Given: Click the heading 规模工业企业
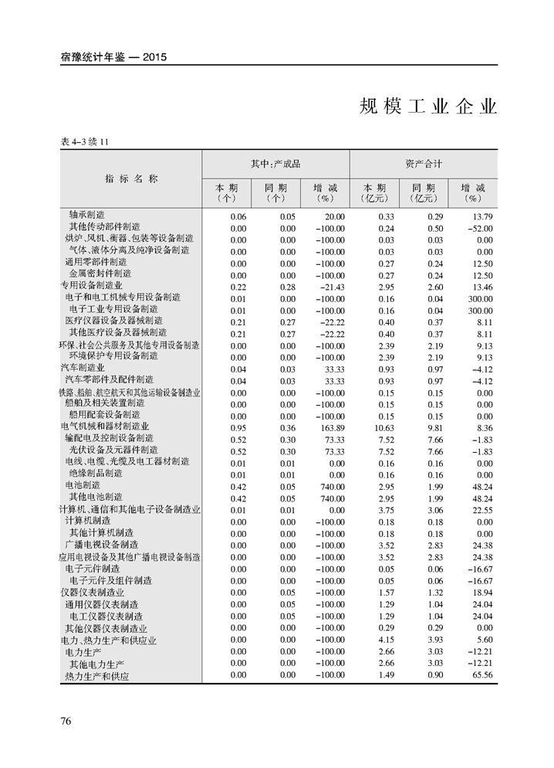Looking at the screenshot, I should pos(428,107).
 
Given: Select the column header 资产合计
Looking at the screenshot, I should pos(424,164).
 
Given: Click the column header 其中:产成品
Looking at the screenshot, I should pos(275,164).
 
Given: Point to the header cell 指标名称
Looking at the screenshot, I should pos(131,178).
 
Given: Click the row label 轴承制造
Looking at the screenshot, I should pos(86,215).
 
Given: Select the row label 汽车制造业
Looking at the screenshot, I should pos(83,368).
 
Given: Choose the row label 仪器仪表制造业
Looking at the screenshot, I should pos(92,593).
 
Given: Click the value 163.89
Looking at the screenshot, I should pos(331,427).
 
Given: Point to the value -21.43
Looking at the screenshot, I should pos(329,286).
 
